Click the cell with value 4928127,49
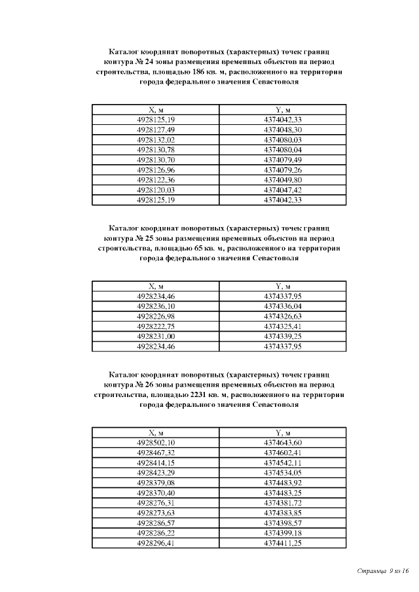coord(156,130)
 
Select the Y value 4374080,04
coord(283,150)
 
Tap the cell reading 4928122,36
coord(156,180)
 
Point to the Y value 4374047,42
coord(283,190)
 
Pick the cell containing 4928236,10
coord(156,306)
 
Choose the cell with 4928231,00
coord(156,336)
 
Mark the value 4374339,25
coord(283,336)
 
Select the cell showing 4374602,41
coord(283,453)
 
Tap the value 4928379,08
coord(156,483)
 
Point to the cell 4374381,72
coord(283,503)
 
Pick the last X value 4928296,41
coord(156,543)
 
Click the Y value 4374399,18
coord(283,532)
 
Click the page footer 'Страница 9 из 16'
coord(383,571)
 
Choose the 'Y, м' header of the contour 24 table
coord(283,110)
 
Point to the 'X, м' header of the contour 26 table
coord(156,433)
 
